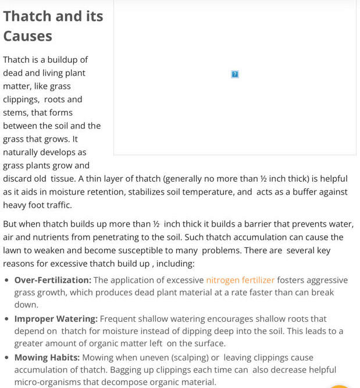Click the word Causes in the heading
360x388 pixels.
tap(27, 36)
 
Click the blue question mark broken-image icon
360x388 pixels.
tap(235, 74)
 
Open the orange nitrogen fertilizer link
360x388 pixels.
tap(240, 280)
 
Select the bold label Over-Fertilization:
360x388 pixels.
tap(52, 280)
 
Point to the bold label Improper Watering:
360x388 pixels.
tap(56, 319)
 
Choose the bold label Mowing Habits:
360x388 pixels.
tap(47, 358)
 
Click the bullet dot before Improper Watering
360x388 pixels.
tap(6, 319)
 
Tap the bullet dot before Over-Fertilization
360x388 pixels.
tap(6, 281)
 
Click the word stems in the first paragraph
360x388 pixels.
tap(15, 113)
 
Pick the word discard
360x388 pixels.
tap(18, 179)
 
